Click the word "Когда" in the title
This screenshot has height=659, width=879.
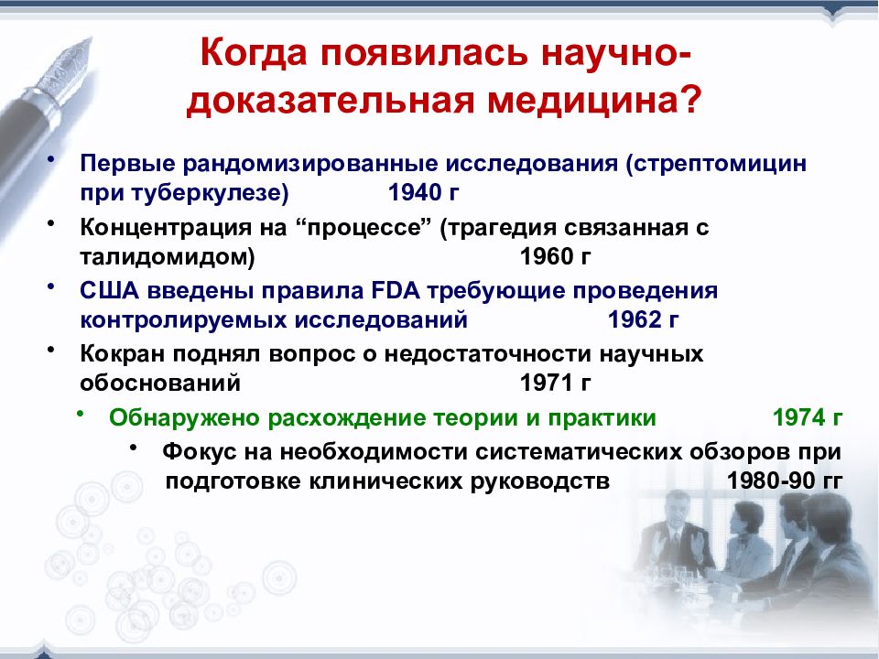[254, 53]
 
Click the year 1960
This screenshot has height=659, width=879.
[547, 256]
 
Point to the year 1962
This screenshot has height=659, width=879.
[634, 320]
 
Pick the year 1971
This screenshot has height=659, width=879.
[547, 384]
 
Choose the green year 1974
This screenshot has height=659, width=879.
[798, 418]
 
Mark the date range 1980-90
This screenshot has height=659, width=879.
[771, 481]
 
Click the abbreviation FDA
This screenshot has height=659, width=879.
[396, 291]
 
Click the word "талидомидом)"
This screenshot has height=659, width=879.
[168, 257]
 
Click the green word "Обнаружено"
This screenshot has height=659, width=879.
[184, 418]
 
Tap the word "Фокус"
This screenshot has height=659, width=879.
[200, 452]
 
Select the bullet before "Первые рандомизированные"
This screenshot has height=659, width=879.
[51, 159]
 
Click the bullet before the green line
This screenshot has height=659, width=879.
[81, 414]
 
